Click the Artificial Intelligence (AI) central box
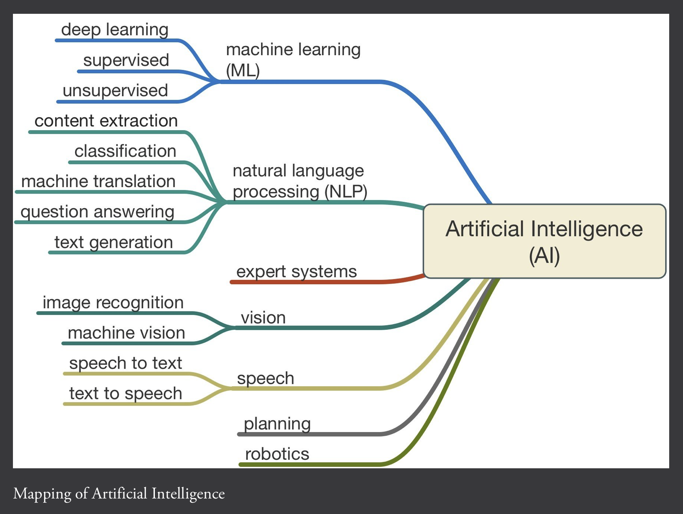[x=545, y=241]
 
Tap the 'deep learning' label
[x=115, y=30]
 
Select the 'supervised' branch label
[x=126, y=60]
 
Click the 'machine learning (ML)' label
[x=293, y=60]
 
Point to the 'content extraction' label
[x=106, y=121]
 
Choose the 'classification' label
[x=125, y=151]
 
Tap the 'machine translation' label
[x=98, y=182]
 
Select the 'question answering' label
[x=98, y=212]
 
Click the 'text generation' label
[x=113, y=242]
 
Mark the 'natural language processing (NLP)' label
[x=300, y=181]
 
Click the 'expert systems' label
[x=296, y=272]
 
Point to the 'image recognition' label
[x=113, y=303]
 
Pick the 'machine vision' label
[x=126, y=333]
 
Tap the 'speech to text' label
[x=126, y=363]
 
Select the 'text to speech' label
[x=126, y=394]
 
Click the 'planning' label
[x=277, y=424]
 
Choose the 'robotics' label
[x=277, y=454]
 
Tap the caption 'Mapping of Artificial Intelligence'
[x=119, y=494]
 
